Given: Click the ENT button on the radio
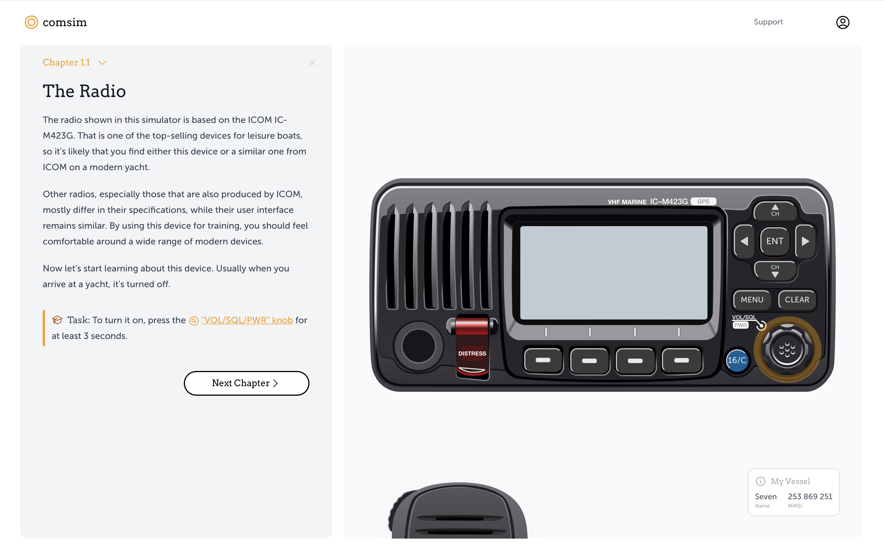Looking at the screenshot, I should (x=775, y=241).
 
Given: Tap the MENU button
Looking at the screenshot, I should (x=752, y=300).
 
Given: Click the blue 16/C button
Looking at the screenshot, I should (x=737, y=360).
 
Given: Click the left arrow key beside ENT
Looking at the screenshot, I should (x=744, y=241).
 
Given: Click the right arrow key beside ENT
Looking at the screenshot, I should (x=805, y=241).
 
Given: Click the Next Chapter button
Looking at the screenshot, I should (x=246, y=383).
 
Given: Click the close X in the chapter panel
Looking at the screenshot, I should (x=312, y=63).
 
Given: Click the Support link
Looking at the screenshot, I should (x=768, y=22).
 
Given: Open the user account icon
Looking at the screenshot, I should (x=842, y=22).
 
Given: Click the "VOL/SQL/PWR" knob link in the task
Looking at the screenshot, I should (x=247, y=320).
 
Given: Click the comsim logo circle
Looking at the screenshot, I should (x=31, y=22).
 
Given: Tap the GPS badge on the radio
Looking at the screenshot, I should (x=703, y=202).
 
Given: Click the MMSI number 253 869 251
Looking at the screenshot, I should (x=810, y=497).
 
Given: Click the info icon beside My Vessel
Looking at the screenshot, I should (x=760, y=481).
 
